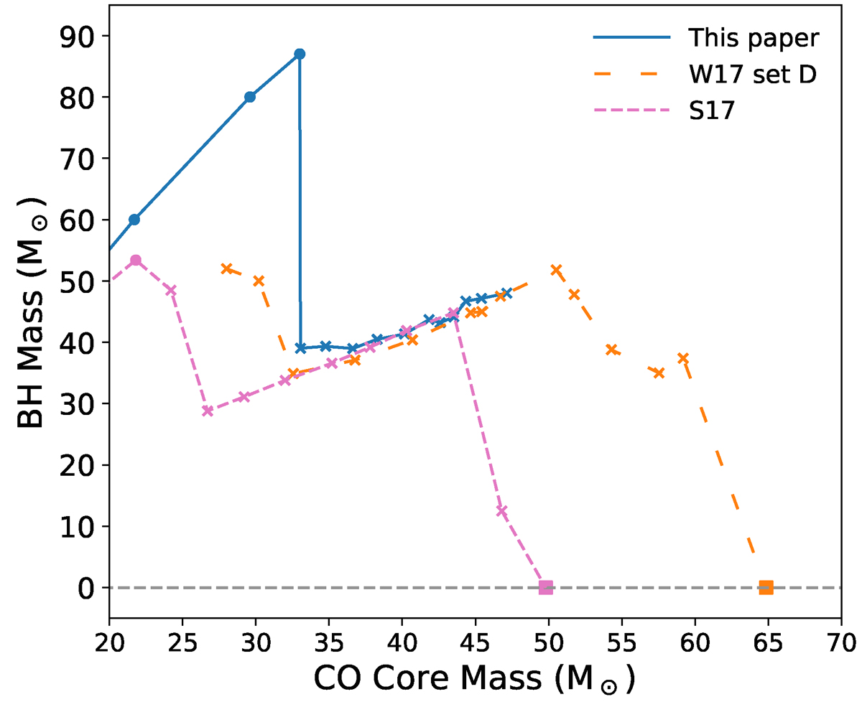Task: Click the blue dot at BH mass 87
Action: [x=300, y=54]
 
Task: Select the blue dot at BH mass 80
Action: [x=250, y=97]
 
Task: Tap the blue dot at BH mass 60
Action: [x=134, y=220]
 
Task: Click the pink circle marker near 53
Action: [x=135, y=260]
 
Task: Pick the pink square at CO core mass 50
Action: [x=546, y=587]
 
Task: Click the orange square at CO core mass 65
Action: [x=766, y=587]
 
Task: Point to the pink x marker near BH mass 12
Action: [x=501, y=511]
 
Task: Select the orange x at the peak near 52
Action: [x=556, y=269]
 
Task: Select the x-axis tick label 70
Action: [x=841, y=639]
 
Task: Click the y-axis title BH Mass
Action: [x=32, y=313]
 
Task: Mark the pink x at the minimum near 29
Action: [x=208, y=411]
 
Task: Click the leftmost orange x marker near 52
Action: [x=226, y=268]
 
